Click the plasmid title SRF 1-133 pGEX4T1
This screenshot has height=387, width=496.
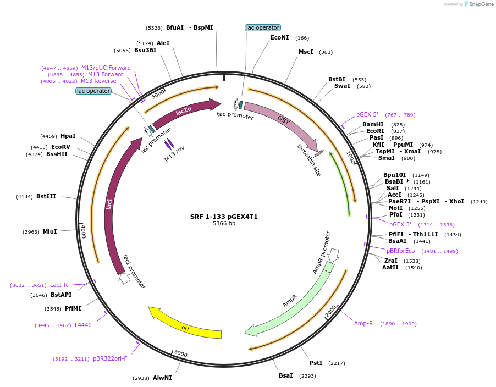point(224,217)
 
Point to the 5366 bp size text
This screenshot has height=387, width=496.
point(224,223)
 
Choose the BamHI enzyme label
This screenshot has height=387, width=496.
point(373,125)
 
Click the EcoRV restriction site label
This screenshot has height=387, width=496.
point(60,147)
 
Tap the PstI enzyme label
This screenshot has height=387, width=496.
point(316,363)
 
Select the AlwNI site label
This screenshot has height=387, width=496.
point(162,378)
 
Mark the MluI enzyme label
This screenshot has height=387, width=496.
point(49,231)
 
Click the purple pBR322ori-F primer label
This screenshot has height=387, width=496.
point(110,358)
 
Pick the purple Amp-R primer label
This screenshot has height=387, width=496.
point(363,323)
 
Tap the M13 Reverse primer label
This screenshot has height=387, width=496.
point(98,81)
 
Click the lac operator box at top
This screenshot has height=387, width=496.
point(263,27)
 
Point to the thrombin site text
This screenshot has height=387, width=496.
point(309,160)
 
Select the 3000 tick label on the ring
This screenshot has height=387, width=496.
point(181,355)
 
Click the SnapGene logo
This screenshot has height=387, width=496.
point(478,4)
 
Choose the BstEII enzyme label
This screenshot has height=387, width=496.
point(46,196)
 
